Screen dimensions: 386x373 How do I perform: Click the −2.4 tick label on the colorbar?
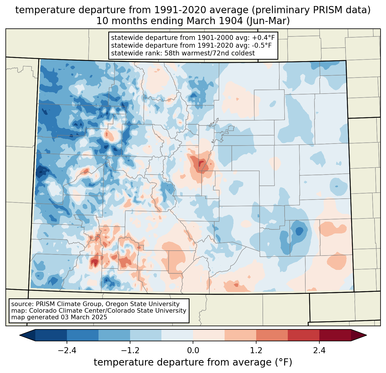(x=67, y=351)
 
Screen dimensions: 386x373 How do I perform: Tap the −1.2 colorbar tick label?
(x=130, y=351)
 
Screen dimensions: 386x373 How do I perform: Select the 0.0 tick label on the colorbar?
(x=193, y=351)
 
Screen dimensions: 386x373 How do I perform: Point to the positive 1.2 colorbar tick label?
(x=256, y=351)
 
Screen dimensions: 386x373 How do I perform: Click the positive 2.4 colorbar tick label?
(x=319, y=351)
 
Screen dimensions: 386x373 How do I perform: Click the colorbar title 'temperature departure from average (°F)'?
(x=193, y=362)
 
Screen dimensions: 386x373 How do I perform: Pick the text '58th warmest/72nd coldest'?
(x=209, y=53)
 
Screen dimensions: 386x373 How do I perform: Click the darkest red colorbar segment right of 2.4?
(x=335, y=335)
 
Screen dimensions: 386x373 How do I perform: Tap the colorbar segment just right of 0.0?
(x=209, y=335)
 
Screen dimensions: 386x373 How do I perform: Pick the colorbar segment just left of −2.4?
(x=51, y=335)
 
